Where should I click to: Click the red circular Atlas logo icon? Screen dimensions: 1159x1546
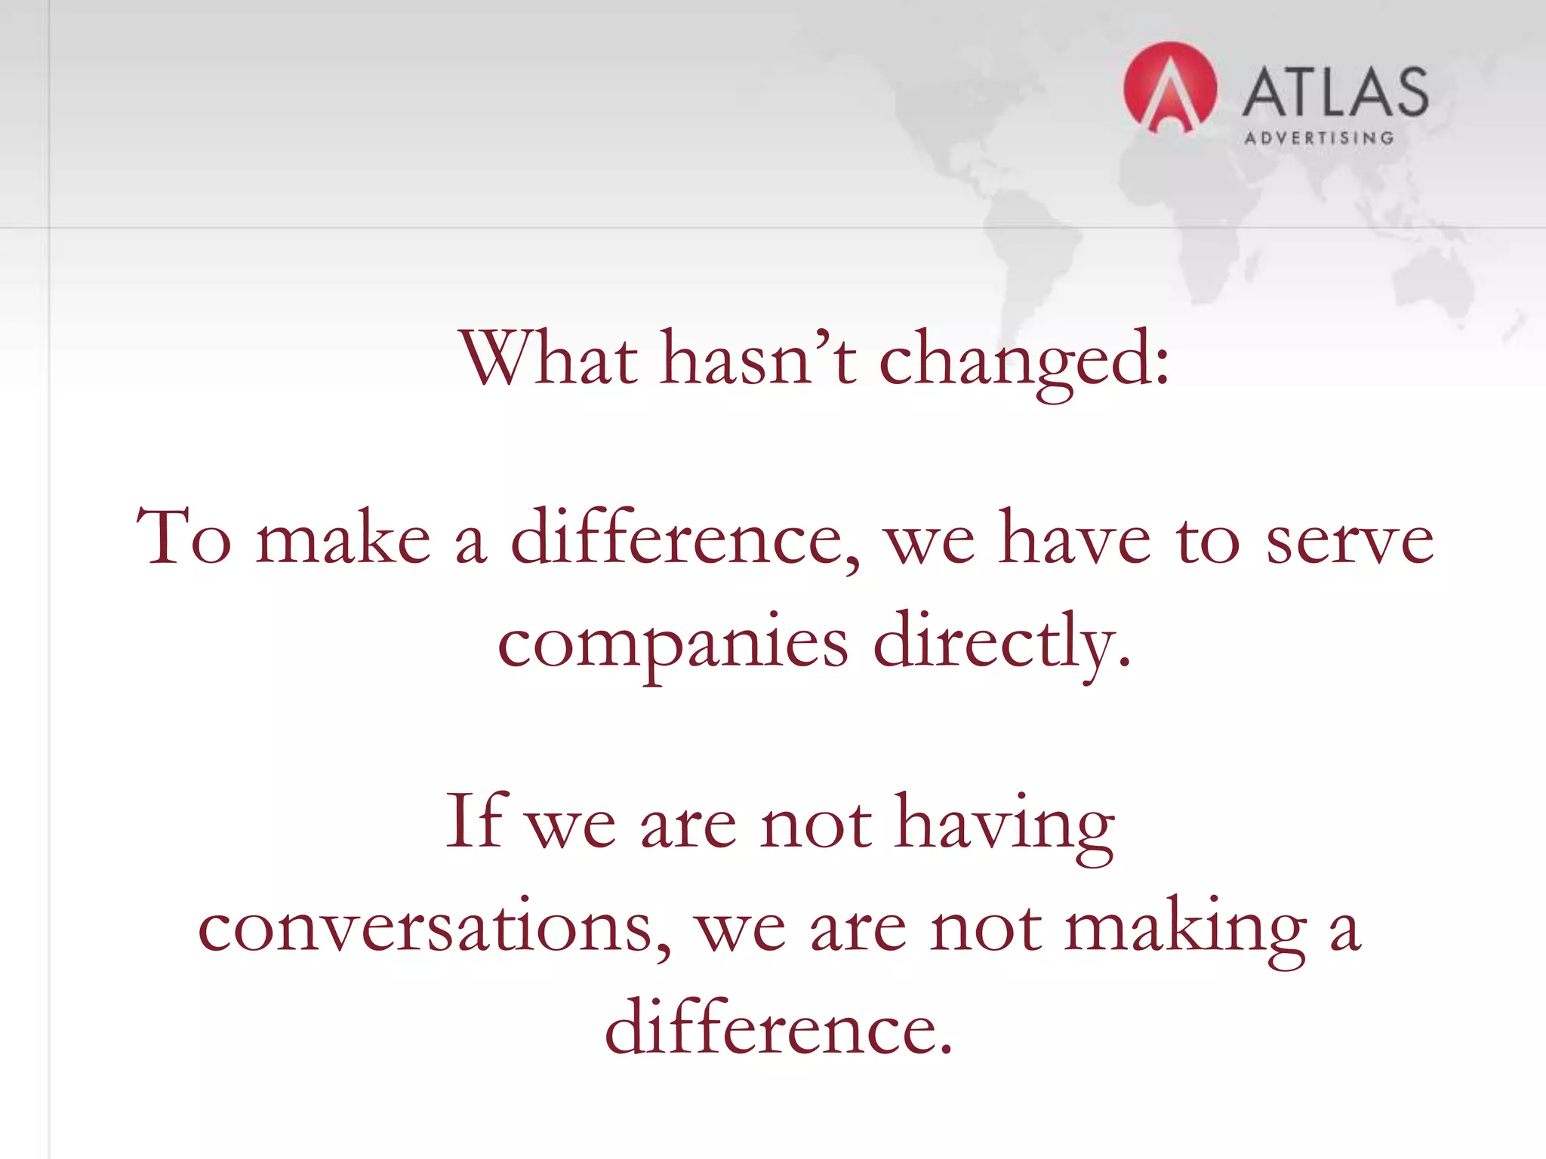click(x=1169, y=88)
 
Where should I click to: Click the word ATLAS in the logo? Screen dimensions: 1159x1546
click(x=1335, y=92)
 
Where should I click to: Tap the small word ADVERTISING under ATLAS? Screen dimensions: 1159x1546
click(x=1319, y=138)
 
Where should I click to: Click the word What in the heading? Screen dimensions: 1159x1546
click(x=549, y=358)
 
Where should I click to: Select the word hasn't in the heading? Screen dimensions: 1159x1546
click(x=758, y=358)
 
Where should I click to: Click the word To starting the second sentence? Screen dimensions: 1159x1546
click(x=183, y=537)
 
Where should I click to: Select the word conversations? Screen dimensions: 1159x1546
click(x=434, y=927)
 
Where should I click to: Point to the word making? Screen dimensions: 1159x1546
click(x=1185, y=927)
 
